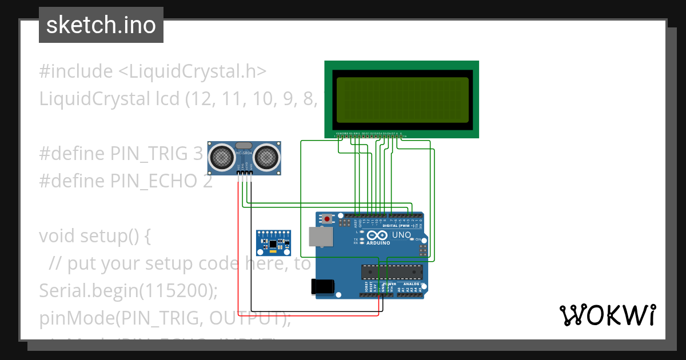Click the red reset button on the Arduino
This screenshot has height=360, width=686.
(326, 219)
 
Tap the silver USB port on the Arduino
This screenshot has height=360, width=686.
(320, 237)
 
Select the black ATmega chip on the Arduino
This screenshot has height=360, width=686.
(392, 273)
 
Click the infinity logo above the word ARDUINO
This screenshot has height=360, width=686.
(378, 235)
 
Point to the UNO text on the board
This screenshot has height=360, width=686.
(401, 235)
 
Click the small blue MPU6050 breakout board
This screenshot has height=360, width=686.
(273, 243)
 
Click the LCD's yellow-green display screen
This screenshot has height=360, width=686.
(402, 99)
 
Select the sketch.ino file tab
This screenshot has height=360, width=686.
(101, 25)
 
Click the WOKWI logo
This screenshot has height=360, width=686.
(607, 315)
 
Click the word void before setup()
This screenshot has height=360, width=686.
(57, 235)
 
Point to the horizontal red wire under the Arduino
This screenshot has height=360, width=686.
(309, 315)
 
